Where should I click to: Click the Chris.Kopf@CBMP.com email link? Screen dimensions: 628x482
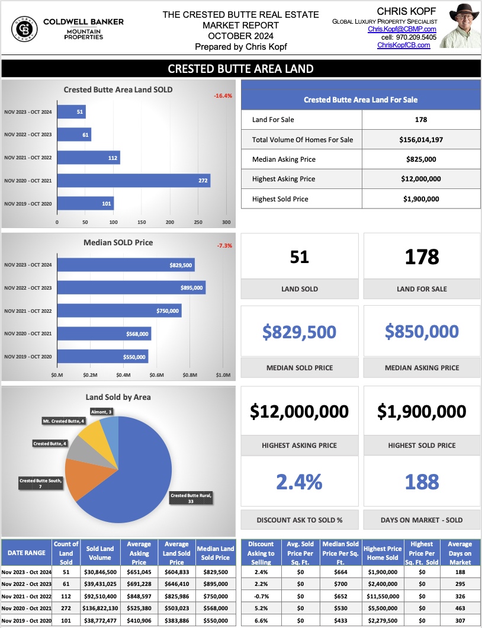(401, 29)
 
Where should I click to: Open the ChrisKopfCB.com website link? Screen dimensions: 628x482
(403, 45)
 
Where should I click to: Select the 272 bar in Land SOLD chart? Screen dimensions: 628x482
(133, 180)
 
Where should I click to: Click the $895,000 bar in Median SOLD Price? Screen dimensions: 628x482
(131, 288)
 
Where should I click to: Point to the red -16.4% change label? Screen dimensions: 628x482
(223, 95)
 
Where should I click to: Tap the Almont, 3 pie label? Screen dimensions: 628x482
(102, 411)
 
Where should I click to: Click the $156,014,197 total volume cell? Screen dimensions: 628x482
(421, 140)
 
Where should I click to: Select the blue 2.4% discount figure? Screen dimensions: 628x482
(299, 482)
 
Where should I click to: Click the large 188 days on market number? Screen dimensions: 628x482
(422, 482)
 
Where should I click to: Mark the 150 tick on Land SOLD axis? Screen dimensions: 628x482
(142, 223)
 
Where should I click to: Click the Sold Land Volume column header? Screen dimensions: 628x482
(101, 553)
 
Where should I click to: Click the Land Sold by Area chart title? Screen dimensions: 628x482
(118, 397)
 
